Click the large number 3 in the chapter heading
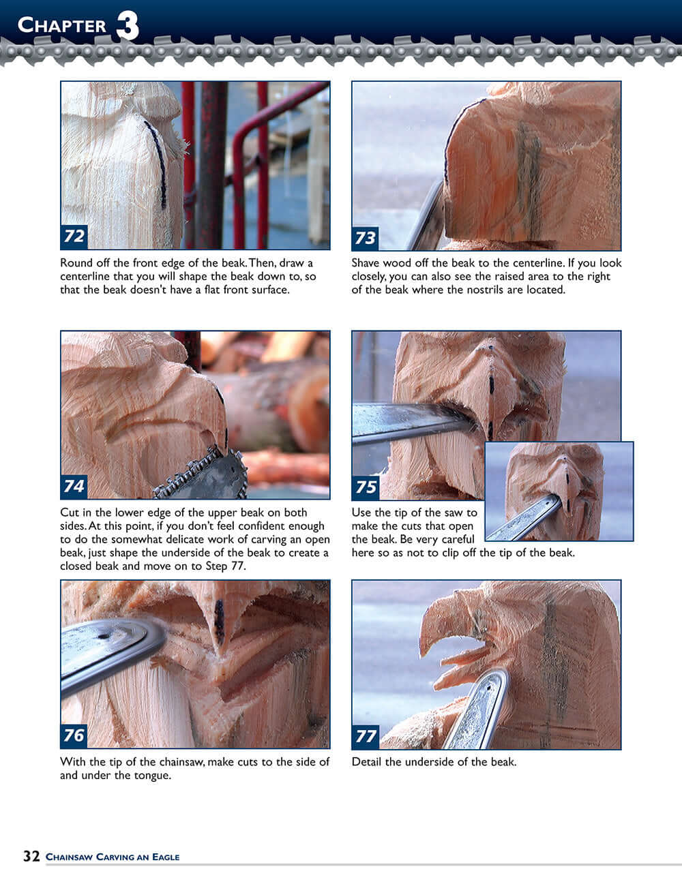(x=128, y=27)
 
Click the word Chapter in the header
(x=62, y=25)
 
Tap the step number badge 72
(x=74, y=236)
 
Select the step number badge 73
(x=365, y=237)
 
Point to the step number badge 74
(x=74, y=486)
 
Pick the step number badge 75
(x=366, y=487)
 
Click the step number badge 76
(x=74, y=735)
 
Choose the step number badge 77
(x=366, y=736)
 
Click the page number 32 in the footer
(x=31, y=856)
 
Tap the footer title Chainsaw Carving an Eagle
(x=113, y=857)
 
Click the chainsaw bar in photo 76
(x=109, y=648)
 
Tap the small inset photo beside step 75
(x=559, y=491)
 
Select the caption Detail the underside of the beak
(x=434, y=761)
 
